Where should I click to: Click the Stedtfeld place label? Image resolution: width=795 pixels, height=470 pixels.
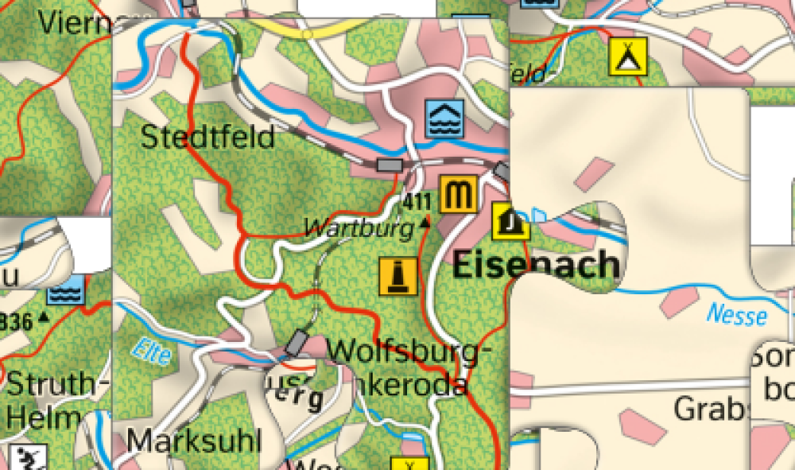pos(207,137)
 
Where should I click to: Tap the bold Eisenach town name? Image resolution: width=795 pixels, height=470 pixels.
pos(536,265)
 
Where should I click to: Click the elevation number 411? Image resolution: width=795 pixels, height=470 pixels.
pos(417,201)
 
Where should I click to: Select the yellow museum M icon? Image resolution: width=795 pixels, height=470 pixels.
pos(458,194)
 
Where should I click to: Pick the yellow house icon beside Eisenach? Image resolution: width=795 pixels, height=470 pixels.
pos(510,221)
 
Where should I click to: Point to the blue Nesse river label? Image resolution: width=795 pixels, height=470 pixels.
pos(737,314)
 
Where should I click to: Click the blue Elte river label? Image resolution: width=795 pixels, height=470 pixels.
pos(153,350)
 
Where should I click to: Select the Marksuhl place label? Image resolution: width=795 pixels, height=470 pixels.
pos(194,440)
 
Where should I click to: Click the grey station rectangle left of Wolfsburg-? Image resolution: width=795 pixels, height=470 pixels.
pos(297,341)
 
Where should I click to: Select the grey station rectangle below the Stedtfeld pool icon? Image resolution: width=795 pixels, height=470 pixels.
pos(390,165)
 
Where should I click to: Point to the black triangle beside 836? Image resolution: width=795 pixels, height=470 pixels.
pos(42,317)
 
